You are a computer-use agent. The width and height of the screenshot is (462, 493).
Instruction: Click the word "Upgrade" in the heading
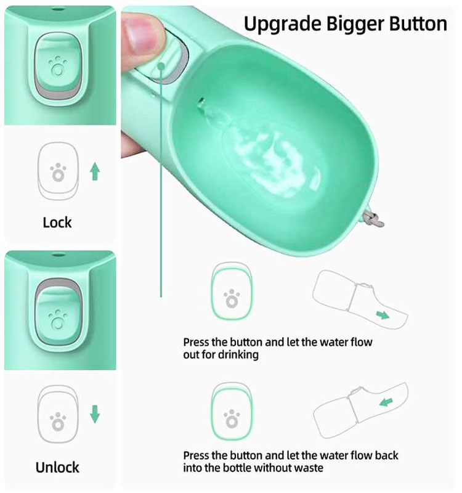point(276,24)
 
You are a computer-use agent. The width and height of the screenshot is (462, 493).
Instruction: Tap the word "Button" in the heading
point(416,24)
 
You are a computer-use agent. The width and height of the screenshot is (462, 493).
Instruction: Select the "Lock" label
point(57,222)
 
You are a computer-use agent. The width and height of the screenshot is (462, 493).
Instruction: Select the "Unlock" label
point(57,467)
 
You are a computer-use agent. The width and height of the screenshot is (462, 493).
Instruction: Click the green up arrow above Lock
point(94,171)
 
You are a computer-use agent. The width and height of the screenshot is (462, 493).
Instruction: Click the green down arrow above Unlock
point(94,414)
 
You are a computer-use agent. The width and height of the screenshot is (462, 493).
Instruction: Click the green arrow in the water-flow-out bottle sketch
point(383,315)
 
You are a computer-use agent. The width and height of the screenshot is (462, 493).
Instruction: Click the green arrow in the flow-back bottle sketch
point(386,402)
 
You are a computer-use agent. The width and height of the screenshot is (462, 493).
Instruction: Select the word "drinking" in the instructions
point(237,355)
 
